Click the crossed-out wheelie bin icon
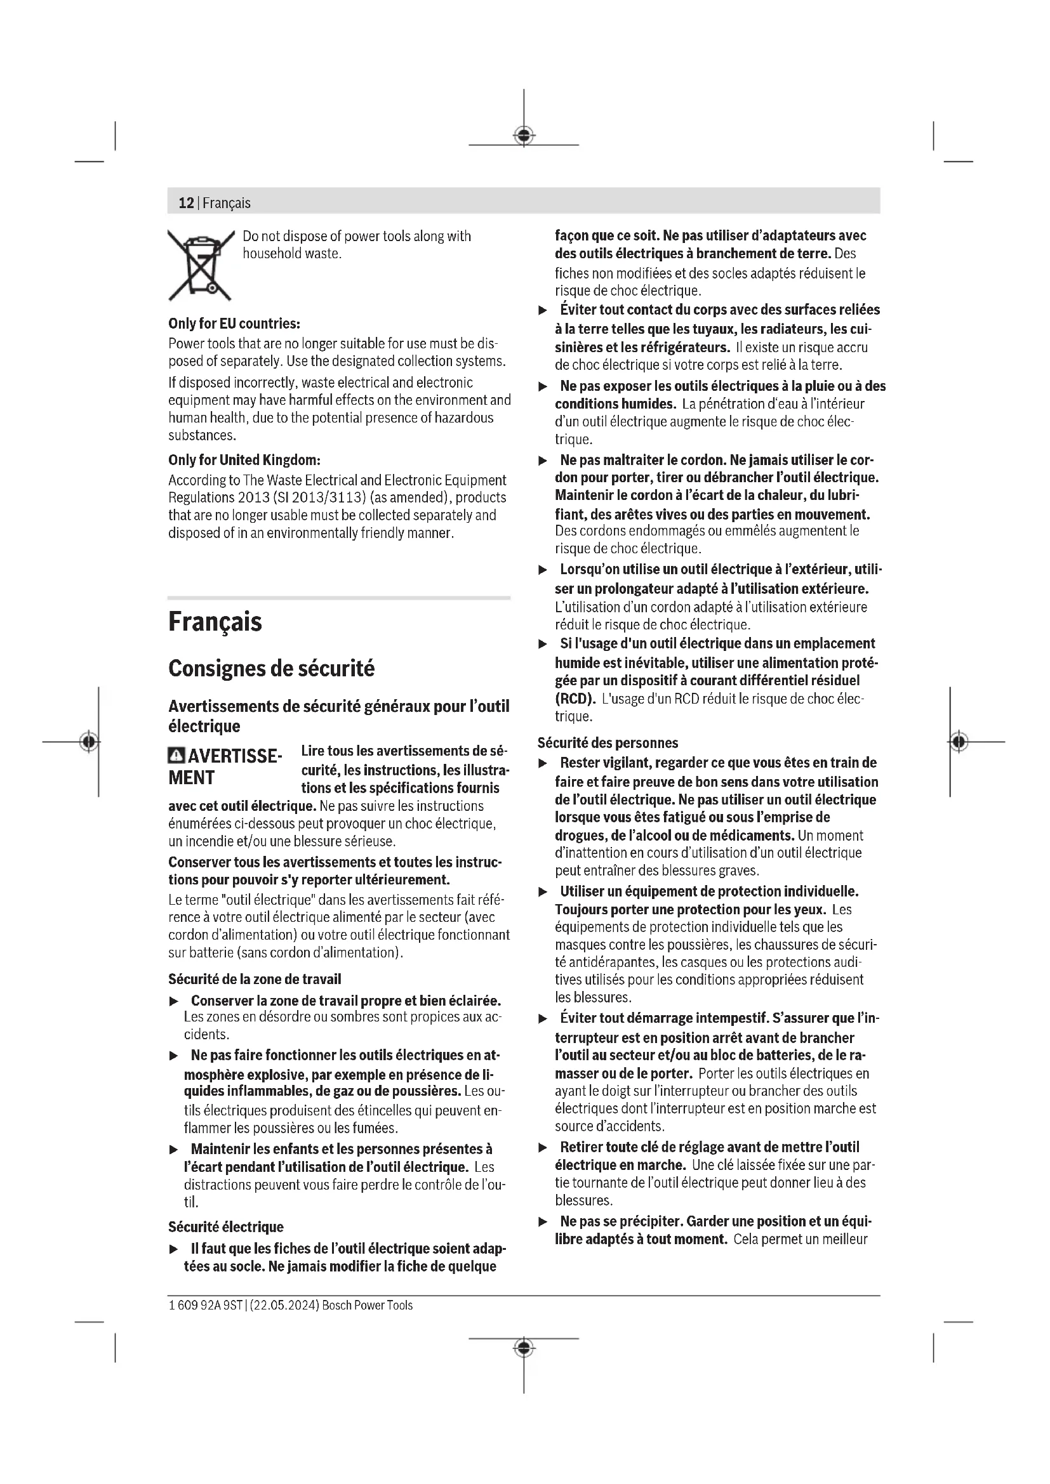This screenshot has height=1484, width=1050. (x=201, y=266)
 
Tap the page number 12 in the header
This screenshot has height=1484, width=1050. (x=186, y=203)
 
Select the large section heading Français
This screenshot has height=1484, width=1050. (x=215, y=622)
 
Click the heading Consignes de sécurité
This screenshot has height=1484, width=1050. (x=271, y=668)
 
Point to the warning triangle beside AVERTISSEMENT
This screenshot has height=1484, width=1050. (x=176, y=756)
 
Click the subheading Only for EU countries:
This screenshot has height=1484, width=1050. (x=234, y=323)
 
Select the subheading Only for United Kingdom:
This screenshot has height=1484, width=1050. (x=244, y=460)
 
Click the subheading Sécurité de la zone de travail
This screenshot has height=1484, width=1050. (x=255, y=979)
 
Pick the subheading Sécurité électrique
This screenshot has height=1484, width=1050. (x=225, y=1227)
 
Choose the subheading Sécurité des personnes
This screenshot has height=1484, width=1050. (x=608, y=743)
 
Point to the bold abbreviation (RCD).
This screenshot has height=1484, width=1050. (x=575, y=699)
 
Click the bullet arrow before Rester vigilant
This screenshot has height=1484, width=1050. (x=543, y=763)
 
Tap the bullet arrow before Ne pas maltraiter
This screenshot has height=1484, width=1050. (x=543, y=461)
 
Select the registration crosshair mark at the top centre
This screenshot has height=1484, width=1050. (x=524, y=136)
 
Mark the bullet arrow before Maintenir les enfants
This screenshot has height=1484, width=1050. (x=173, y=1150)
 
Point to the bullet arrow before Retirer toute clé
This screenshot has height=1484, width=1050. (x=543, y=1148)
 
